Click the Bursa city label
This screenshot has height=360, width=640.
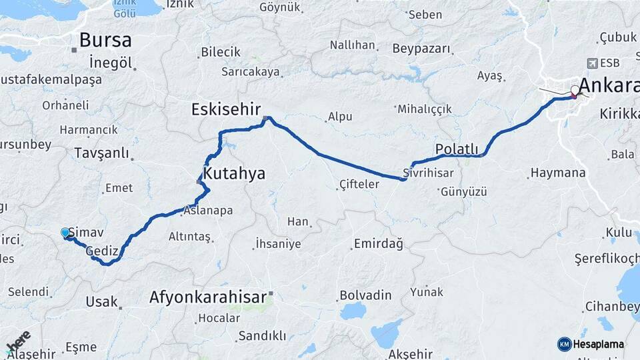point(105,40)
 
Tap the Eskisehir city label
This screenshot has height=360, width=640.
point(225,109)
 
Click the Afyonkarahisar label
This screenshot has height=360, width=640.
point(208,297)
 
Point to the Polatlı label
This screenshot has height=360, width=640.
point(457,149)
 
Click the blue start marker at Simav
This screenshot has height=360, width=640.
point(65,232)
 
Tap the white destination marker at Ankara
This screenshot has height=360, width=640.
point(575,90)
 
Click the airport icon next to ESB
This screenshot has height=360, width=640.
point(591,63)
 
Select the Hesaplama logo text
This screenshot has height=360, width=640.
point(598,344)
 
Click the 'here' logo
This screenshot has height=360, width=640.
point(19,341)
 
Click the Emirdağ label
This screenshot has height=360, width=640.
point(378,244)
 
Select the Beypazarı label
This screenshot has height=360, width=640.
point(421,49)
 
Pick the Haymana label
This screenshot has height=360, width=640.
point(557,173)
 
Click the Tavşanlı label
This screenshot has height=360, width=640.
point(101,153)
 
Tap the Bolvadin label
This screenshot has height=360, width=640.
point(365,294)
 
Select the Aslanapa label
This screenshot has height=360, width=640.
point(209,211)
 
